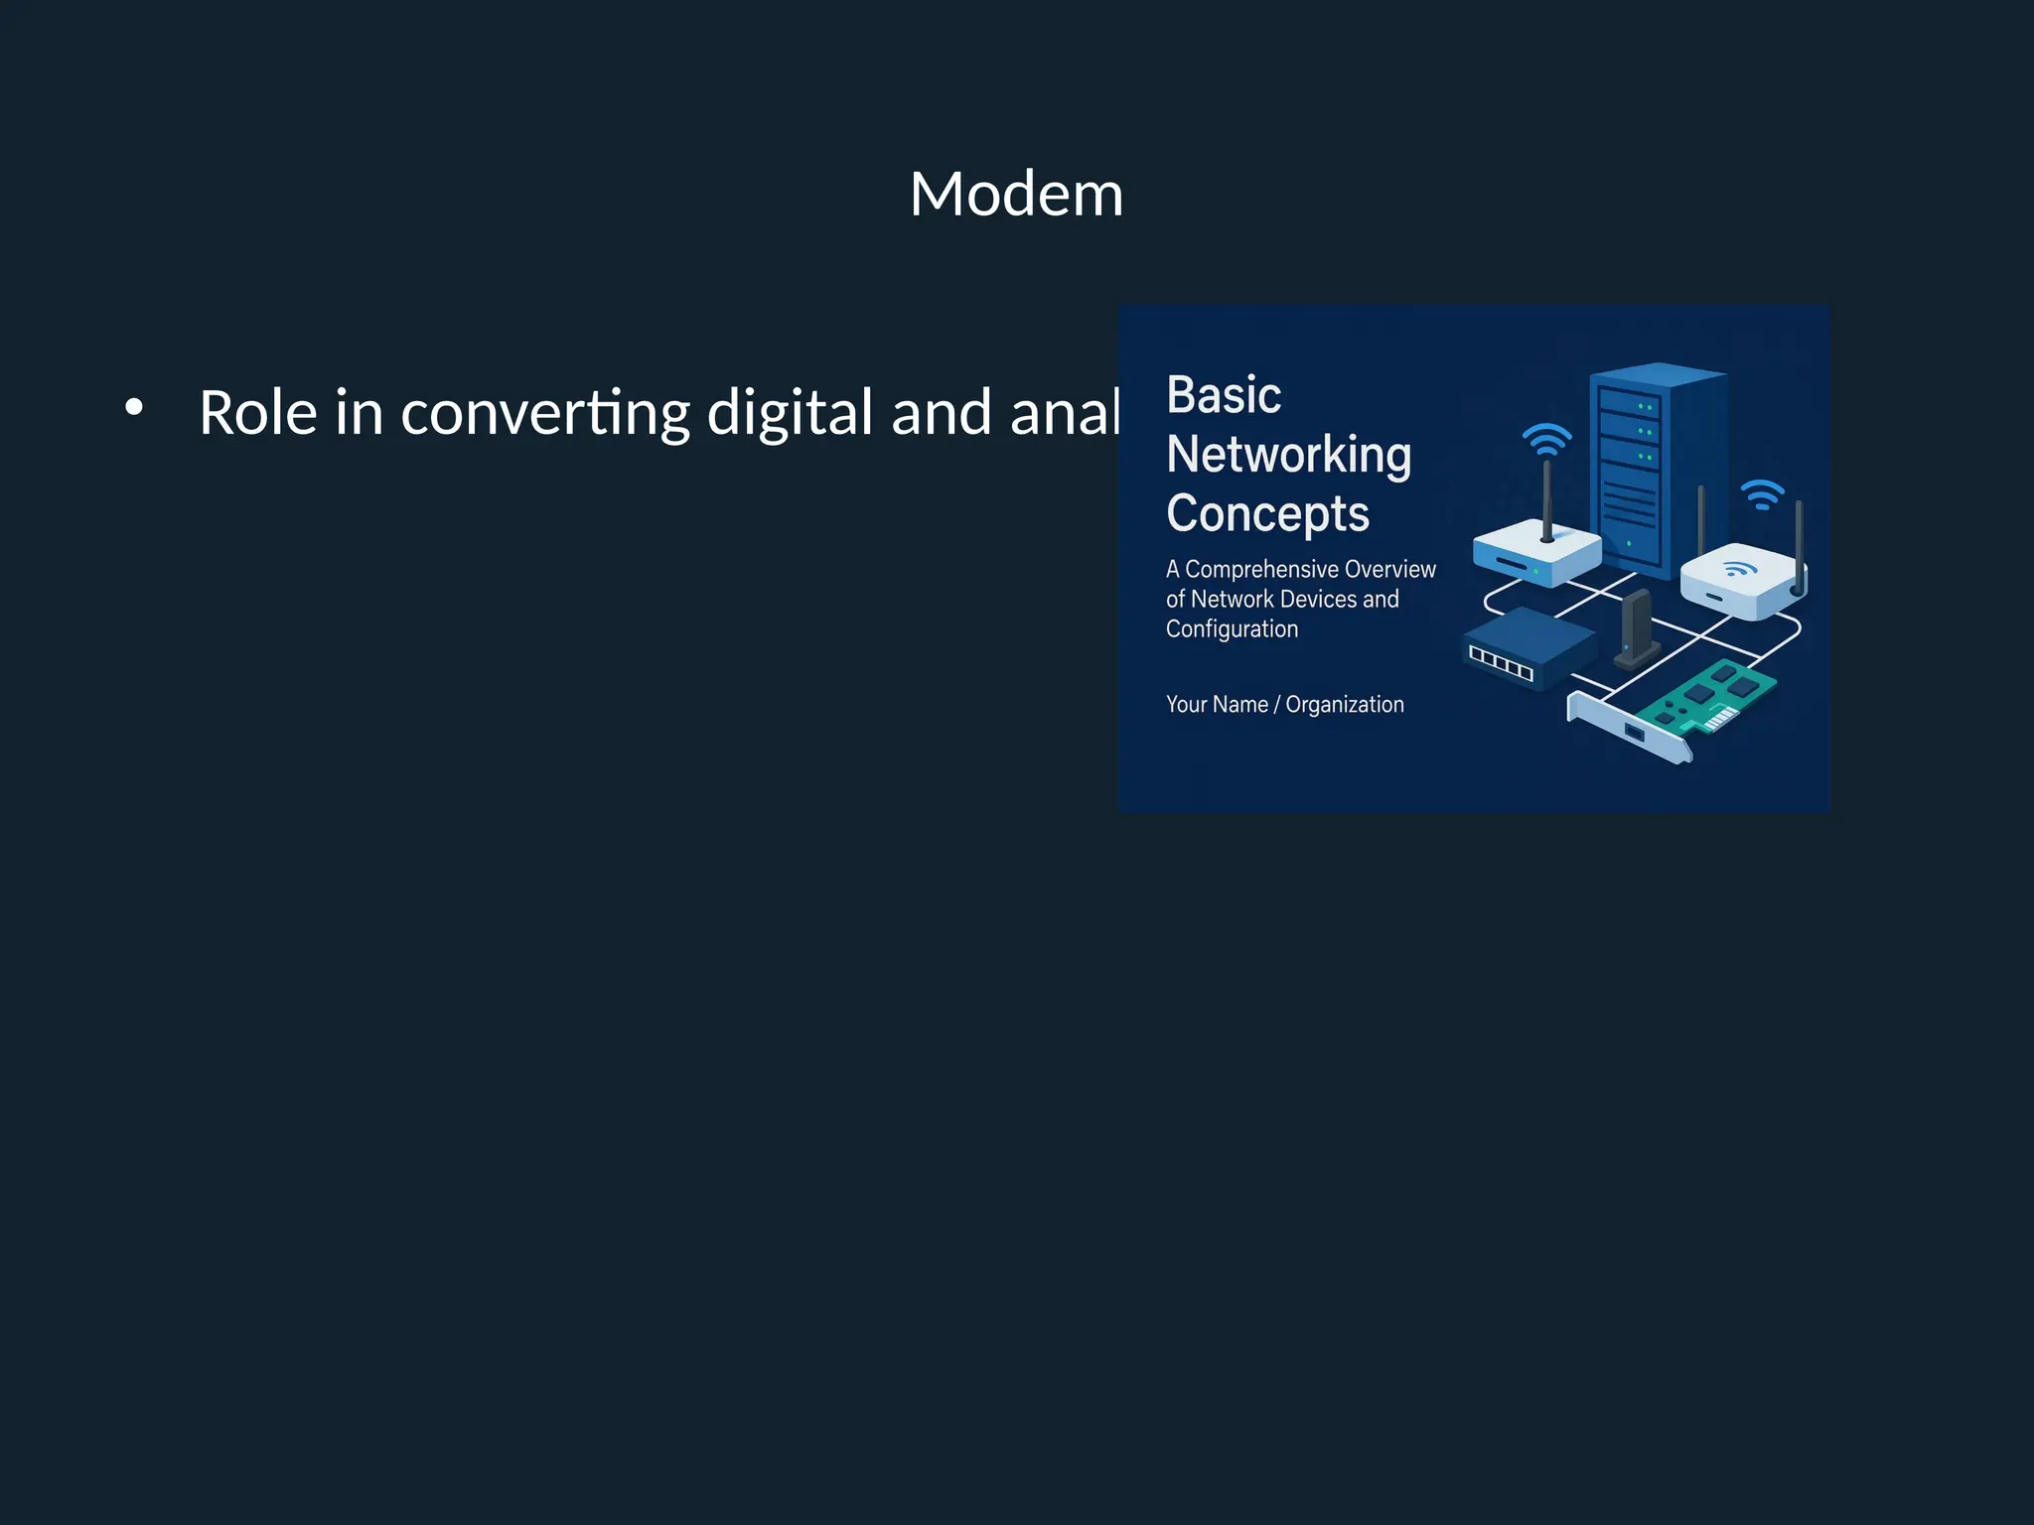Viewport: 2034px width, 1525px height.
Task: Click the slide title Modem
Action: pyautogui.click(x=1016, y=194)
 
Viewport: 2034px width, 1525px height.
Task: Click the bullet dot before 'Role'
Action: pyautogui.click(x=134, y=407)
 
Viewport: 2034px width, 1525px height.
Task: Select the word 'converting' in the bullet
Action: pyautogui.click(x=544, y=413)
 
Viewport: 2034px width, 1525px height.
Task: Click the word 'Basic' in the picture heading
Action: pyautogui.click(x=1224, y=395)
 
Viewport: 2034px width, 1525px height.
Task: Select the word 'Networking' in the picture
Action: pyautogui.click(x=1288, y=455)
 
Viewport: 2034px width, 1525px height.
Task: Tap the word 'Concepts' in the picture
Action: pyautogui.click(x=1267, y=514)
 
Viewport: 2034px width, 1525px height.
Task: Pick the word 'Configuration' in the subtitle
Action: pyautogui.click(x=1232, y=629)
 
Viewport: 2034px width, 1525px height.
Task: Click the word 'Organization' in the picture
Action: pyautogui.click(x=1345, y=705)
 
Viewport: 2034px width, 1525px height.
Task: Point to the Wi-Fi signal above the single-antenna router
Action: pyautogui.click(x=1546, y=439)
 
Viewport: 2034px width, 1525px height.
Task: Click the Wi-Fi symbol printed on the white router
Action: pyautogui.click(x=1738, y=569)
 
